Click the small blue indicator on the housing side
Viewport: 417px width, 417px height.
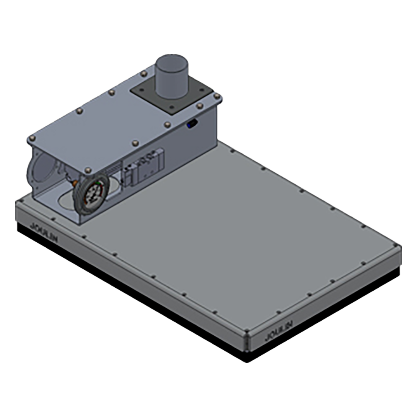pyautogui.click(x=192, y=123)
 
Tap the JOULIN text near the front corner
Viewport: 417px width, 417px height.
pyautogui.click(x=279, y=331)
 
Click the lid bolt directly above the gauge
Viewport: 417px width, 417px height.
pyautogui.click(x=88, y=170)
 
